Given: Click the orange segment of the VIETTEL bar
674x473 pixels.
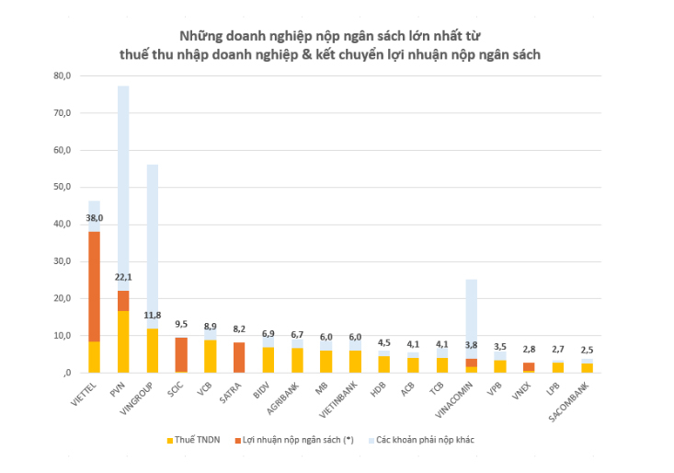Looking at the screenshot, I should [94, 285].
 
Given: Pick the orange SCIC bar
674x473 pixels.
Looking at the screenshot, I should [181, 353].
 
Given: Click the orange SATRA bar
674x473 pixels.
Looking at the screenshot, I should [239, 357].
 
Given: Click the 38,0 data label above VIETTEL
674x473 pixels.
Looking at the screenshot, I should [94, 218].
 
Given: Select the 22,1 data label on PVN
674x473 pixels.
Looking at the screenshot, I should [122, 278].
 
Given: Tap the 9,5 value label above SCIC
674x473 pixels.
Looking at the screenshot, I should [181, 325].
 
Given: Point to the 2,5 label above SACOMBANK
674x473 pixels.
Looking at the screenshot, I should [586, 351].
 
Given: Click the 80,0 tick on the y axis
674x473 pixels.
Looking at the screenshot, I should [63, 75].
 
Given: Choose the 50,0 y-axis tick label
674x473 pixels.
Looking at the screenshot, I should [63, 187].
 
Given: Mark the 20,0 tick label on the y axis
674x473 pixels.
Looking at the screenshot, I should [63, 298].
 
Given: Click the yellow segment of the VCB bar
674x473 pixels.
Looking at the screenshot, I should [210, 356].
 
